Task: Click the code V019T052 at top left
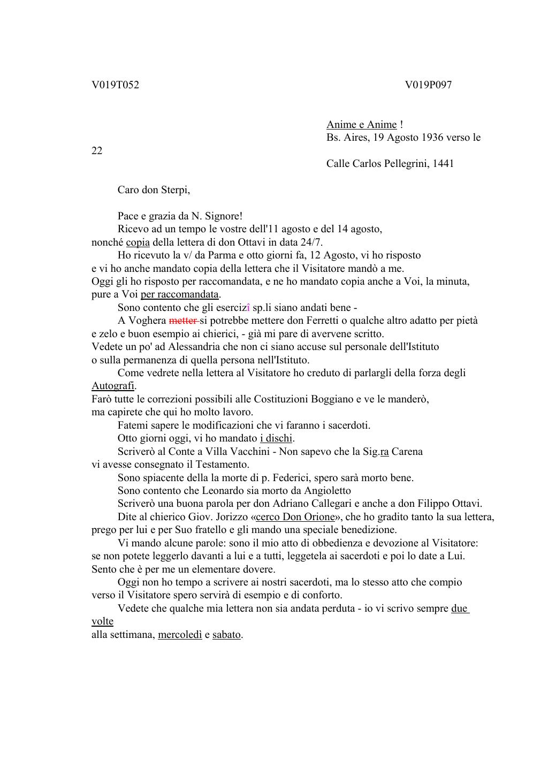[115, 85]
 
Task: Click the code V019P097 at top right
[428, 85]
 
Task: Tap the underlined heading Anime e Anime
[361, 125]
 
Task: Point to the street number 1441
[443, 164]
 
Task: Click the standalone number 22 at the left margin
[97, 151]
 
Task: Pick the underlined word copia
[138, 242]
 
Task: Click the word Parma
[222, 255]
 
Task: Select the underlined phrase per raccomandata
[179, 294]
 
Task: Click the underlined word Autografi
[113, 386]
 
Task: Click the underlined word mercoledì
[180, 635]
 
